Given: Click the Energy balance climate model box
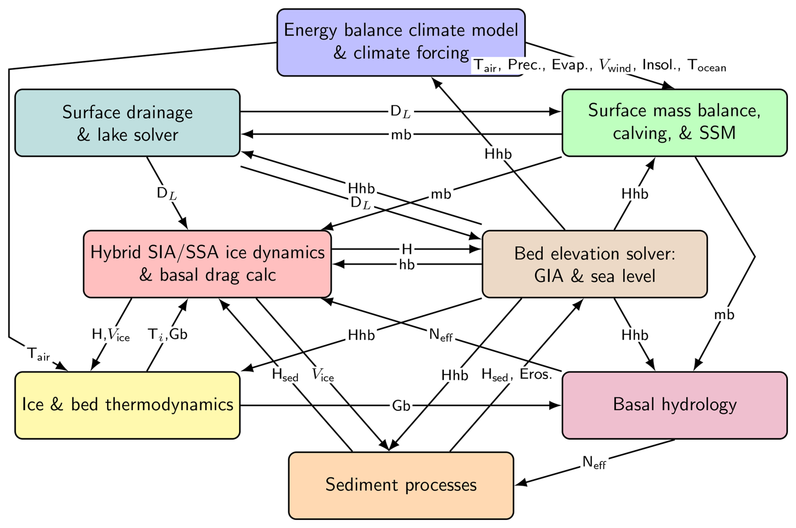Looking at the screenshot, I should [401, 41].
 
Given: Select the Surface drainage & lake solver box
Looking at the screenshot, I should [127, 123].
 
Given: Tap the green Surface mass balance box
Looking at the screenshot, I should [674, 122].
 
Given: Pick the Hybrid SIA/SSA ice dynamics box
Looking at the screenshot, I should [207, 264].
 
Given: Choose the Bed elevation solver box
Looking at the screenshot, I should [594, 264].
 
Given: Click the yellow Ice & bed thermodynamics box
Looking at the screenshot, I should [127, 405].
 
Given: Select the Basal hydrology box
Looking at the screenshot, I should [674, 405].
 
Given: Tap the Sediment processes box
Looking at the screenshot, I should [401, 485].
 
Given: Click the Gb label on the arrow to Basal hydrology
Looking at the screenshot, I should [401, 406].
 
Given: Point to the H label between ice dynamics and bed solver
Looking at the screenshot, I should [406, 249].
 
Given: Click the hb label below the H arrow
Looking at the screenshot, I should [406, 265].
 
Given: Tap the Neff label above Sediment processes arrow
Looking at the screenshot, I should [594, 463].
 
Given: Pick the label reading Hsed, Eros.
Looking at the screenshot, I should [516, 374].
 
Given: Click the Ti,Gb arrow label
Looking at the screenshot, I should [167, 335].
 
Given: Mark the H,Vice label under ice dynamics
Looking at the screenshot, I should [110, 335].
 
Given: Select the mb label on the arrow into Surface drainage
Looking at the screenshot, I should [401, 135].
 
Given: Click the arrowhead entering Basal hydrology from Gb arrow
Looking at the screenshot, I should [556, 405].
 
